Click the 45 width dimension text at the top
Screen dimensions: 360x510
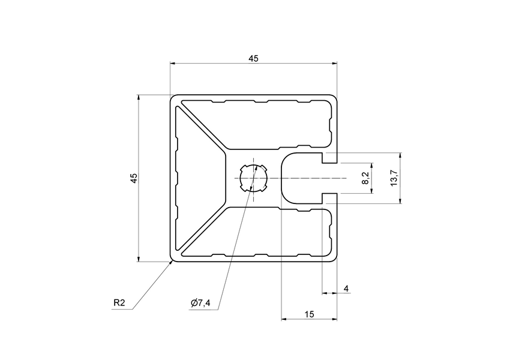pos(253,58)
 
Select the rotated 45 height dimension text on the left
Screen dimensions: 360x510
pos(134,178)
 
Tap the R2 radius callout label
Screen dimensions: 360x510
pos(119,303)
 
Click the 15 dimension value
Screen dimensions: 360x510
pos(309,314)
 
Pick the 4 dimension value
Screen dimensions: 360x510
pos(346,289)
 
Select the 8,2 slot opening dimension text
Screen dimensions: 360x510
pos(365,178)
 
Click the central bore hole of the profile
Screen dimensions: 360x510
pos(253,178)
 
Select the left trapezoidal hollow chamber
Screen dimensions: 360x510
pos(198,178)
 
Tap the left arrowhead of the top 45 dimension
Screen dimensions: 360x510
pos(173,63)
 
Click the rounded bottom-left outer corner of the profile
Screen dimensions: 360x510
pos(171,260)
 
